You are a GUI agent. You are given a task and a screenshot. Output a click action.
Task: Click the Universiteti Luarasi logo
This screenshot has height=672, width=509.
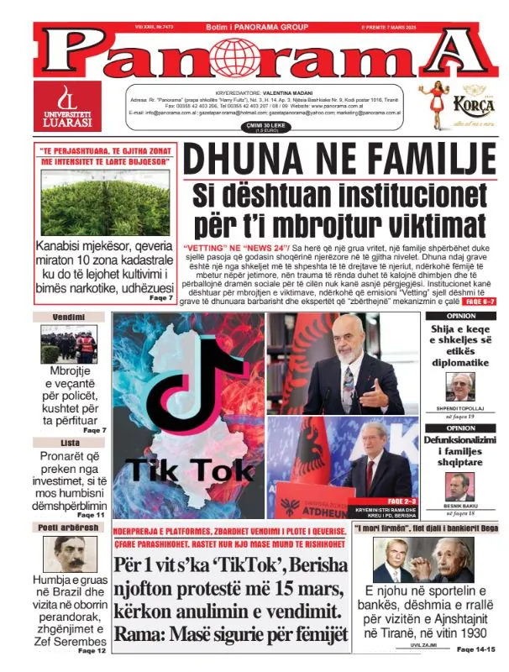(66, 106)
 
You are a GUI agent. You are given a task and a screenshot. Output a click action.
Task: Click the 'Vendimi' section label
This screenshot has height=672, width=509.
(67, 318)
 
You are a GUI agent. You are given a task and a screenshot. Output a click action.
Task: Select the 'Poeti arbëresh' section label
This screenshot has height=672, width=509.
(68, 528)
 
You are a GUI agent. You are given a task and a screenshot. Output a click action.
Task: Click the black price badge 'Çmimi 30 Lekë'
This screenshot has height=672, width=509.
(243, 126)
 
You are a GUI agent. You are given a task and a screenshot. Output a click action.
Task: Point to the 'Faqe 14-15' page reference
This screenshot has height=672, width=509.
(476, 649)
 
